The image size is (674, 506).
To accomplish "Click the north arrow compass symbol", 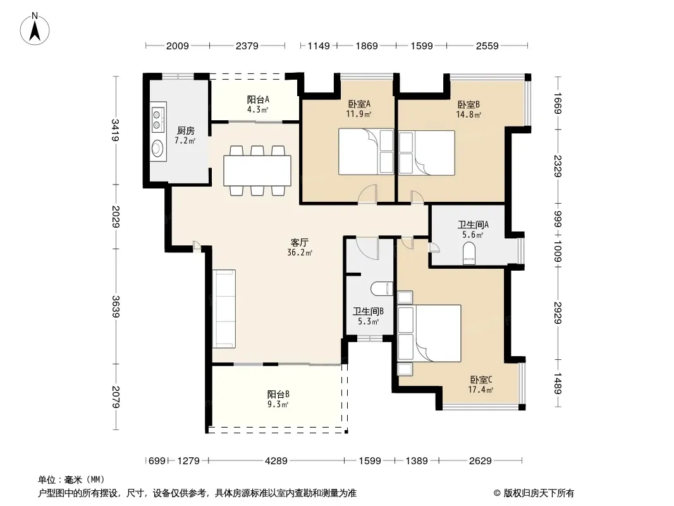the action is pyautogui.click(x=35, y=29).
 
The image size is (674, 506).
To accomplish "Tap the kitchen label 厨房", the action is pyautogui.click(x=185, y=131).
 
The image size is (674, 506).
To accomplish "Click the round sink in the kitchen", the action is pyautogui.click(x=158, y=149).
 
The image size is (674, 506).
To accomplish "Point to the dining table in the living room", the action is pyautogui.click(x=257, y=171).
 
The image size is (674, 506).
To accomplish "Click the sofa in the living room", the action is pyautogui.click(x=224, y=309).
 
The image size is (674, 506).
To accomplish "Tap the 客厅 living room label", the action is pyautogui.click(x=299, y=242).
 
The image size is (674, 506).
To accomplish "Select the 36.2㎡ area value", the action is pyautogui.click(x=300, y=253).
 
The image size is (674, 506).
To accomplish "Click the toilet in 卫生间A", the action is pyautogui.click(x=469, y=253).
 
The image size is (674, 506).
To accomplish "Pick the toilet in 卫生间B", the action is pyautogui.click(x=382, y=288).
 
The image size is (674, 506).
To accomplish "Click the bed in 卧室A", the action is pyautogui.click(x=365, y=151).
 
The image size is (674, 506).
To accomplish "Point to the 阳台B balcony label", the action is pyautogui.click(x=278, y=394).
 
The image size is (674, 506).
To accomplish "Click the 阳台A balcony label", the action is pyautogui.click(x=258, y=100).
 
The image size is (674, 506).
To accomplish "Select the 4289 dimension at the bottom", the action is pyautogui.click(x=276, y=461).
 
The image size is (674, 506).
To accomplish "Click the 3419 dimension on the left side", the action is pyautogui.click(x=115, y=130).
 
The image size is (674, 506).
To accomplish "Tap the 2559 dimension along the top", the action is pyautogui.click(x=487, y=46).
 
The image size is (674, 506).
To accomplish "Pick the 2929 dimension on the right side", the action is pyautogui.click(x=558, y=313).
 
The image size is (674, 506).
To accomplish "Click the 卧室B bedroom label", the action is pyautogui.click(x=469, y=104).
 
